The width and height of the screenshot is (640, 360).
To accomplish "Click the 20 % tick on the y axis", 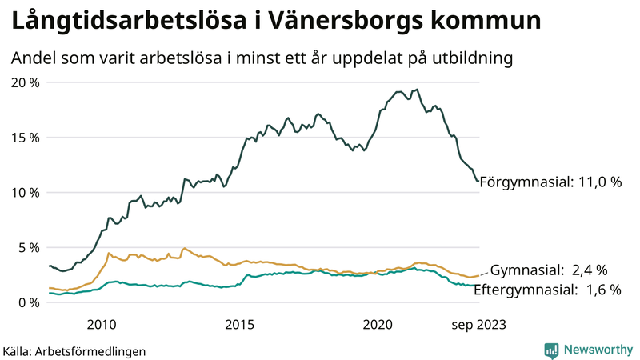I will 25,82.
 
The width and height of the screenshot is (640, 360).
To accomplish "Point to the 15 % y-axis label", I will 25,138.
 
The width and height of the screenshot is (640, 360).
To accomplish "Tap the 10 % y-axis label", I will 25,193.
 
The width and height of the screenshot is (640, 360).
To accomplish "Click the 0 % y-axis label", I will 29,302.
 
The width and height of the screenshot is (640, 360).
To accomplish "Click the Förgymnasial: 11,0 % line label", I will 556,182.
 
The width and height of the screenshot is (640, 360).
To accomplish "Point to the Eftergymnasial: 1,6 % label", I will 547,290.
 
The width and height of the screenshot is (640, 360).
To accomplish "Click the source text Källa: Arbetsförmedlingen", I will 74,350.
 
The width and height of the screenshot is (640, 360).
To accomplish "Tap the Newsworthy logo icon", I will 551,350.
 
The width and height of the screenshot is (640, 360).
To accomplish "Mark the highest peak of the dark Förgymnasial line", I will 416,90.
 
